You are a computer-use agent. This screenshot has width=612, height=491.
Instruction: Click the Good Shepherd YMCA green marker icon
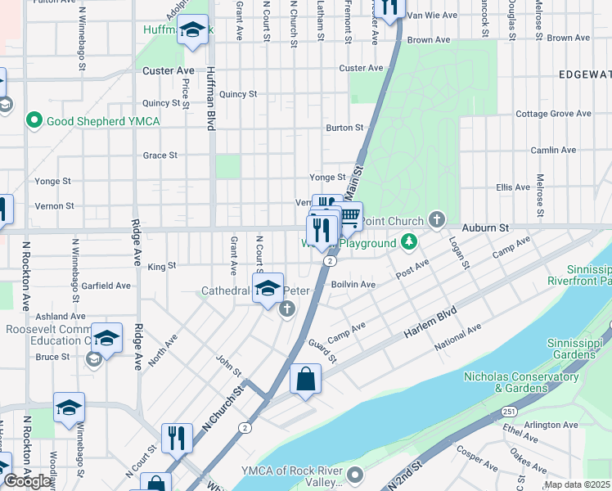34,121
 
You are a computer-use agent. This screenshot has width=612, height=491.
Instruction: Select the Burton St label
344,128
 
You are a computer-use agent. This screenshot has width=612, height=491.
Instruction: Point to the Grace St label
160,155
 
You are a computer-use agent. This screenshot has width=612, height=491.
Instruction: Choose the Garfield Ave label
106,286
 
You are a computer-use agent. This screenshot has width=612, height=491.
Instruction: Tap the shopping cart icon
349,215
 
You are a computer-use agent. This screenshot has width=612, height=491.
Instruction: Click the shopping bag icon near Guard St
305,379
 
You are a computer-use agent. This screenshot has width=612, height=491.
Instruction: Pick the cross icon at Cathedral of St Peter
286,309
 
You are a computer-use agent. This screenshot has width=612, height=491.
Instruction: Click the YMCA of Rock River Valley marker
354,474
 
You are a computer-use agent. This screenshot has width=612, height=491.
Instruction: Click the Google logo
28,481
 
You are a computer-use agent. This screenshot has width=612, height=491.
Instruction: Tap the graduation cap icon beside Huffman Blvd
192,31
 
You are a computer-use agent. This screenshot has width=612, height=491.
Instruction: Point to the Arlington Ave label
551,425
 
